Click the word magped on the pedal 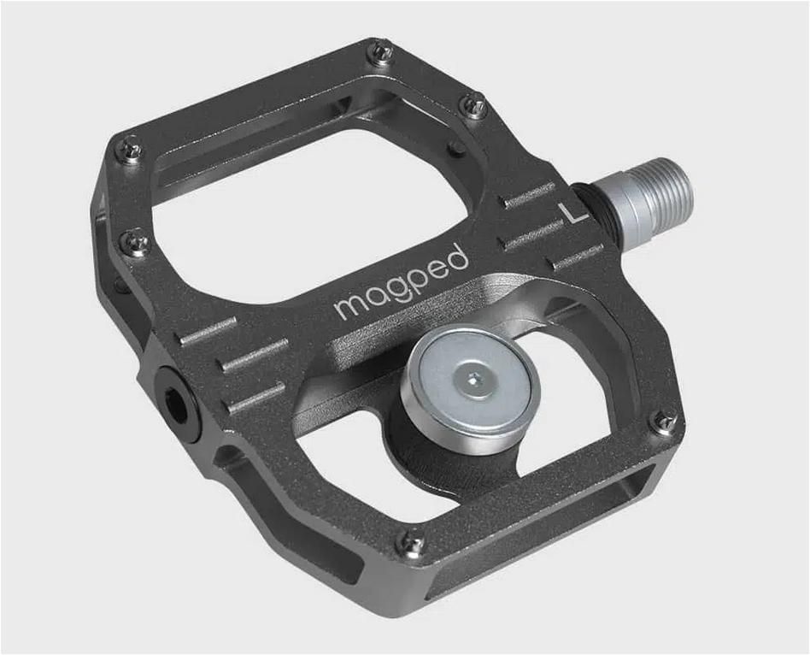[402, 281]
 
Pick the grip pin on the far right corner [663, 421]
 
